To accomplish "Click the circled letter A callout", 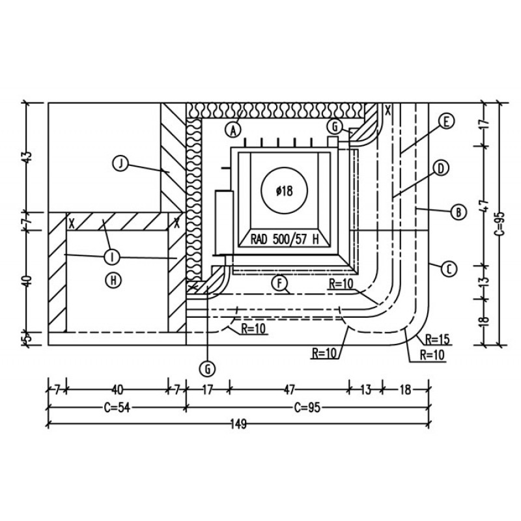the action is [x=234, y=130].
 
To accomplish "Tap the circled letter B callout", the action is [x=458, y=212].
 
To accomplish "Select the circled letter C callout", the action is [x=449, y=269].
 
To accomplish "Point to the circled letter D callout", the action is [x=442, y=169].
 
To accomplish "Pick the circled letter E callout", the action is [x=446, y=121].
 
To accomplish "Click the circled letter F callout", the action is [x=280, y=283].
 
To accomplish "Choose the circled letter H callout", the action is [x=113, y=281].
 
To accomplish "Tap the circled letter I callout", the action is [x=112, y=257].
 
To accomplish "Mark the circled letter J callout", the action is [x=120, y=163].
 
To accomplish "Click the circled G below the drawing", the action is [x=208, y=369].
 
